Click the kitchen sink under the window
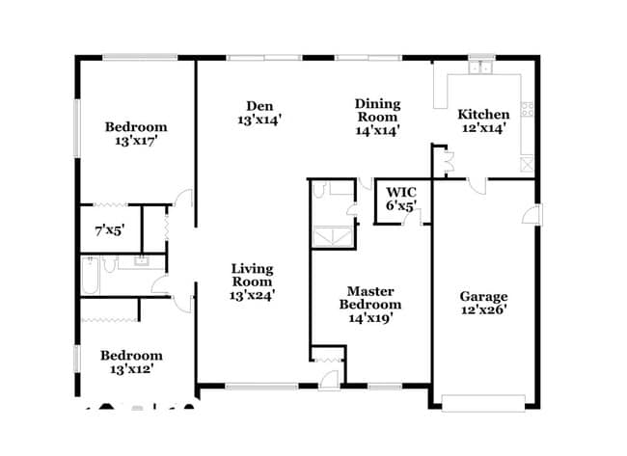(482, 69)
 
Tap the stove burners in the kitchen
(528, 107)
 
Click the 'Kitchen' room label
(482, 113)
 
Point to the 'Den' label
(258, 106)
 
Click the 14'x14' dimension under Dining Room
(377, 129)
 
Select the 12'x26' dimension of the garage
(483, 309)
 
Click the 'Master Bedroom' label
(369, 298)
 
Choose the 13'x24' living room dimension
(252, 296)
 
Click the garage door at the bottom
(482, 402)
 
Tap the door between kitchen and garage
(477, 184)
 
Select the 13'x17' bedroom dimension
(135, 140)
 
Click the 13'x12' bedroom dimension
(131, 367)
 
